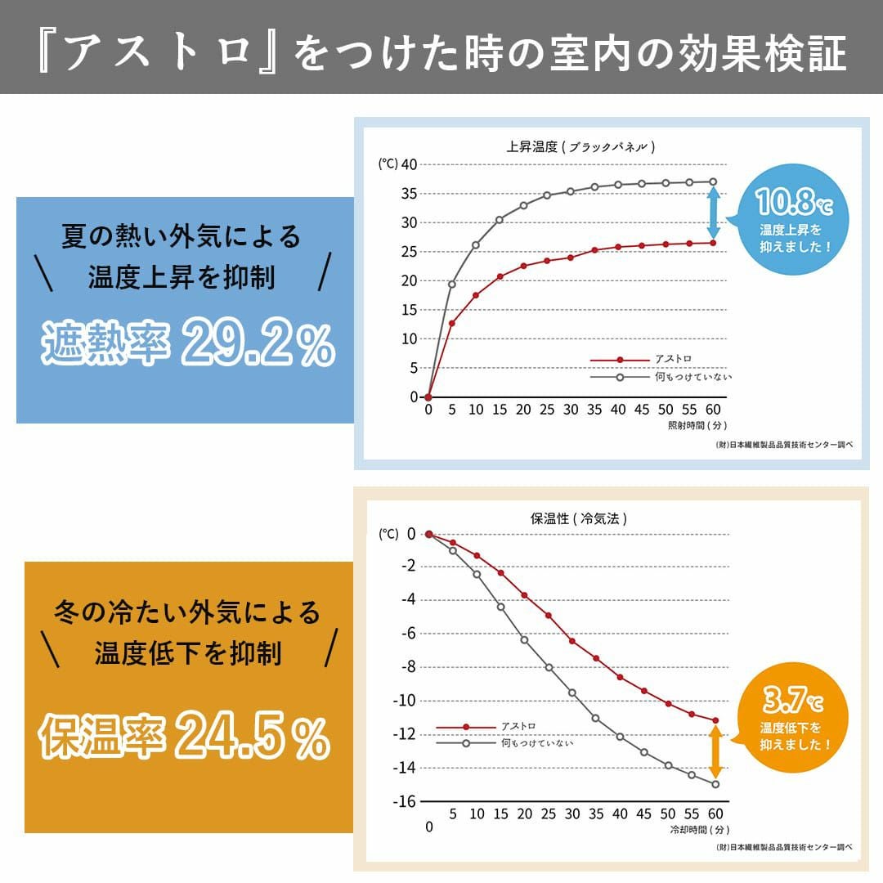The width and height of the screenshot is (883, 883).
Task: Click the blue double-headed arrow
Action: [714, 213]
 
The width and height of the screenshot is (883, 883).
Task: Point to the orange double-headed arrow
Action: [715, 752]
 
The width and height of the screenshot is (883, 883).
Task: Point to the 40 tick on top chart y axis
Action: [409, 164]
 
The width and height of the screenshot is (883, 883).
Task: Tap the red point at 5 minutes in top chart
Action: [452, 323]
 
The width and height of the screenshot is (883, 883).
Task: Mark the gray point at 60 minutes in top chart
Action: [713, 182]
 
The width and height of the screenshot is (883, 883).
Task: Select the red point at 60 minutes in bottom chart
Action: [715, 720]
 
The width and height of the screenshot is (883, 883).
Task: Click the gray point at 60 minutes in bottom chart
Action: [715, 784]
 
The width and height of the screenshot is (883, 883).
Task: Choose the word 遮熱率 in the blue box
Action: [106, 346]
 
